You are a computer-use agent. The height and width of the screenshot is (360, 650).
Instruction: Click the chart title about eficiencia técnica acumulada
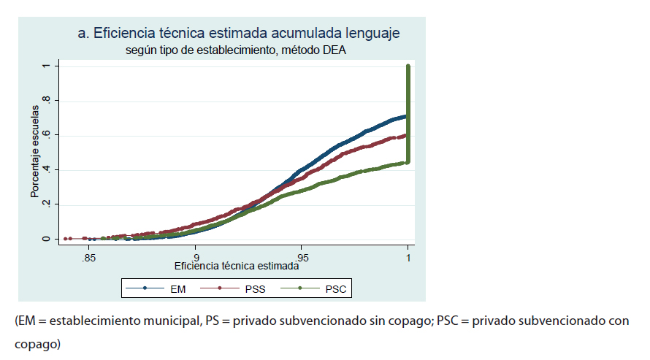coord(239,34)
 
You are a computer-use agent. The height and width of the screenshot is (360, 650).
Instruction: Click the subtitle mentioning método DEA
coord(234,50)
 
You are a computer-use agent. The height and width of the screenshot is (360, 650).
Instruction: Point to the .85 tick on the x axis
coord(88,258)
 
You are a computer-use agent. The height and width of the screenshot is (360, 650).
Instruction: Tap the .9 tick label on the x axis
coord(194,258)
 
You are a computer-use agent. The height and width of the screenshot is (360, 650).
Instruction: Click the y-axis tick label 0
coord(45,239)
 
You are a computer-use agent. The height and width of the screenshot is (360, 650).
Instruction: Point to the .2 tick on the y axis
coord(45,204)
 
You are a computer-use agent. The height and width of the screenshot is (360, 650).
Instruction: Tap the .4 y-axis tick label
coord(45,169)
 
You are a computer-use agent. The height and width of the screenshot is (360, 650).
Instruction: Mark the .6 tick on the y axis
coord(45,135)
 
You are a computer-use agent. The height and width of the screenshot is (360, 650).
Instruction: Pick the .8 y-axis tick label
coord(45,100)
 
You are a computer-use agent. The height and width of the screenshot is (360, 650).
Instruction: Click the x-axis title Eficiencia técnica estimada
coord(236,267)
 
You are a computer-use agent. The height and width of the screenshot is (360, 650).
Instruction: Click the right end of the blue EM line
coord(406,116)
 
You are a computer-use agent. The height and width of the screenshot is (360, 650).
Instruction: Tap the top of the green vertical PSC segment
coord(408,66)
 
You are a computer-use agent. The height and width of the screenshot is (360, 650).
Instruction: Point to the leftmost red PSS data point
coord(65,239)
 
